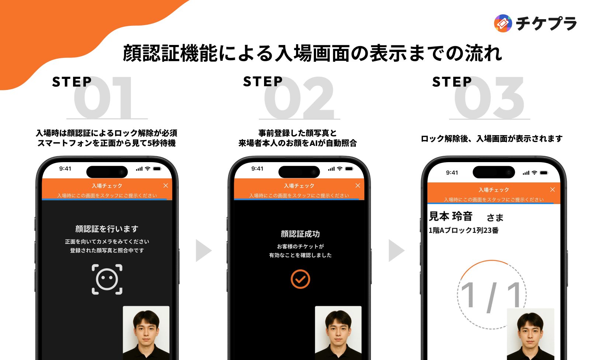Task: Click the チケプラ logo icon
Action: (x=503, y=24)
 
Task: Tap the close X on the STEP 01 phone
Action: (x=166, y=186)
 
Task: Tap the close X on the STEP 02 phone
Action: (x=358, y=186)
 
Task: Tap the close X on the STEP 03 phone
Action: (x=552, y=190)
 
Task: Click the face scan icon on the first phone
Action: (x=107, y=279)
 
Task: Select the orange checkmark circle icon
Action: (x=300, y=279)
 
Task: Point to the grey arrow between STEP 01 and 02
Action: (x=203, y=251)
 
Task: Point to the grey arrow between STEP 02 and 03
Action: (x=396, y=251)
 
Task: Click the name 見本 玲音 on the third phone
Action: (x=451, y=216)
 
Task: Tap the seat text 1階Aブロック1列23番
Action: (x=464, y=230)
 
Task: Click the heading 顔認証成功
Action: (x=300, y=234)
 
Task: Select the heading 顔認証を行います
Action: (x=107, y=229)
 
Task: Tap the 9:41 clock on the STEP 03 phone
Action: (x=452, y=172)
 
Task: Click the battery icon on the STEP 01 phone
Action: (x=157, y=169)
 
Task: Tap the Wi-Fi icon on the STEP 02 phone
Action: (x=340, y=169)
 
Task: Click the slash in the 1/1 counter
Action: (x=492, y=297)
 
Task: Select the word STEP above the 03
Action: (x=452, y=82)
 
